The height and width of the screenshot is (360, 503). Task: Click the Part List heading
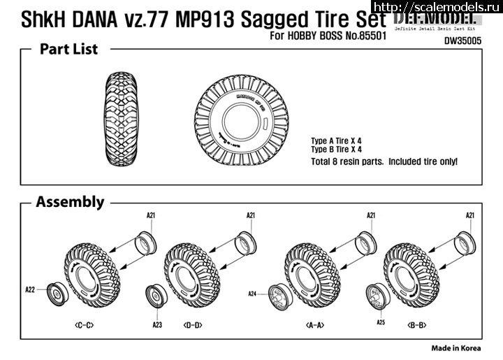click(68, 49)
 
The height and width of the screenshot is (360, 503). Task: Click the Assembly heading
click(70, 202)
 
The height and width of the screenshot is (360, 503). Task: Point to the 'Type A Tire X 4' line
click(337, 141)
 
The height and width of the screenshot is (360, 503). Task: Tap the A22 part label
click(29, 289)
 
